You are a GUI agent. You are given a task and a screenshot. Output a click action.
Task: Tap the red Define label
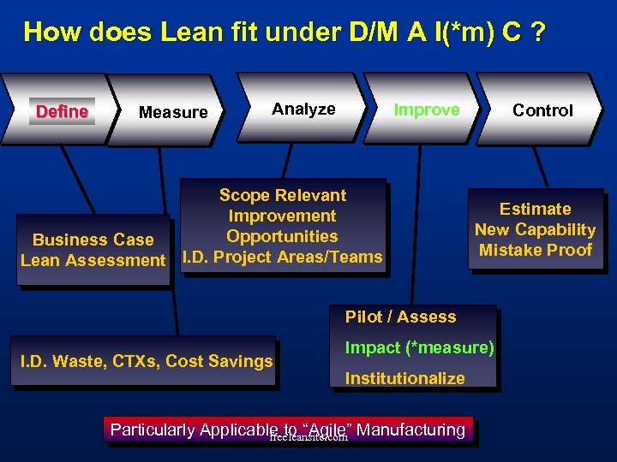(x=62, y=111)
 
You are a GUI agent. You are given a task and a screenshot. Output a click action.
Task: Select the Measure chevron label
(x=173, y=112)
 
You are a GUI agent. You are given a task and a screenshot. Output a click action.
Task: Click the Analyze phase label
(x=303, y=109)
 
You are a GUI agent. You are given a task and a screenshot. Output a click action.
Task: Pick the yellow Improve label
(x=426, y=110)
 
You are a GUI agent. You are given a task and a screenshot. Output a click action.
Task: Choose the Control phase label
(x=542, y=110)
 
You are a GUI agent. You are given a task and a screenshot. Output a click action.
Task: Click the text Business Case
(x=93, y=240)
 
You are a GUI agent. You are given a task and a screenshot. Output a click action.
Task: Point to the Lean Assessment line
(x=93, y=260)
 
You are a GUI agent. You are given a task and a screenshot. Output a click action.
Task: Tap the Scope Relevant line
(x=283, y=195)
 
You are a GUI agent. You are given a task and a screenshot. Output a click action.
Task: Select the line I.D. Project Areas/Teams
(x=283, y=257)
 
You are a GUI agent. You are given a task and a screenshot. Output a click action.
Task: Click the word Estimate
(x=536, y=209)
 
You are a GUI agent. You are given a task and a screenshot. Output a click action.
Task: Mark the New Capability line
(x=536, y=229)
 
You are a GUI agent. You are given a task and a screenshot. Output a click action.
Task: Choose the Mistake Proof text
(x=536, y=250)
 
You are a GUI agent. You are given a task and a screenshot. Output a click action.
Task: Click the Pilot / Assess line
(x=400, y=317)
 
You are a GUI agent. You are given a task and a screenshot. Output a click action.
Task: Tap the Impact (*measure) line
(x=419, y=347)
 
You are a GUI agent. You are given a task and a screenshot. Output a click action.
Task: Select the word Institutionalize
(x=404, y=378)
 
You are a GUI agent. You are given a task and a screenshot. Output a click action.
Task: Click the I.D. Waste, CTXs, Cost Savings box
(x=146, y=361)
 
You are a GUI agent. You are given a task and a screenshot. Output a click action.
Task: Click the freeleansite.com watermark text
(x=308, y=437)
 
